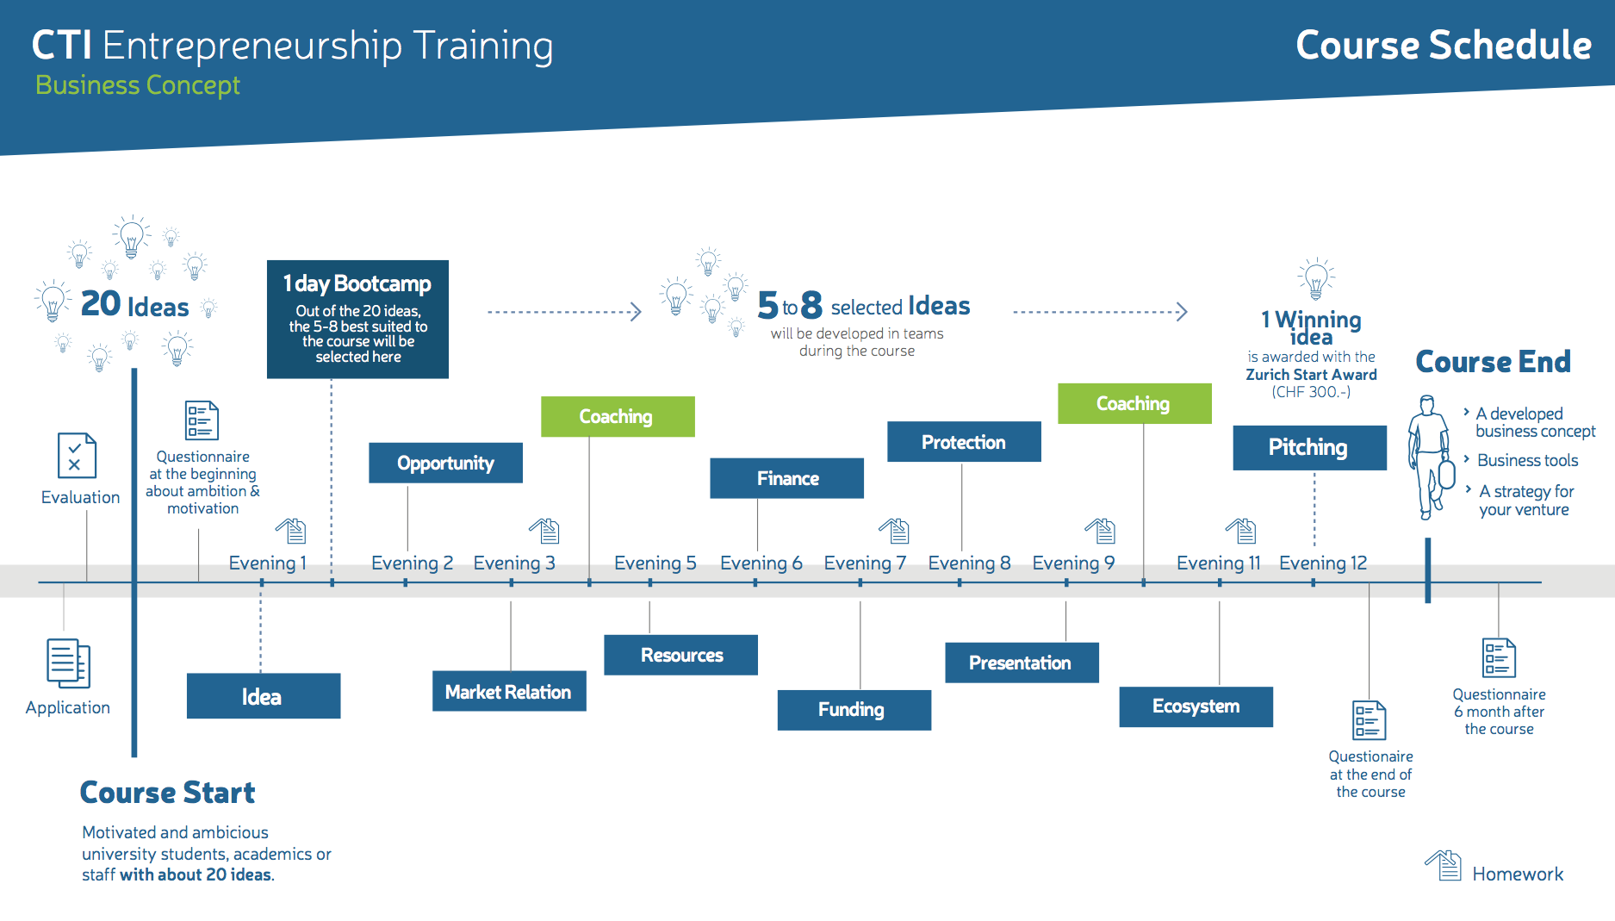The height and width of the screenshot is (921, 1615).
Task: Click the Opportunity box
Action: pos(445,463)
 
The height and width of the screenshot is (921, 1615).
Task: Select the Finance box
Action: pos(786,478)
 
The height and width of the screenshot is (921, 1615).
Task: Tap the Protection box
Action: pos(964,442)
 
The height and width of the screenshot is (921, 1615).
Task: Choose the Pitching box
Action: pos(1309,447)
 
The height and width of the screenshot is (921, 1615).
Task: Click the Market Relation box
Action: pos(509,691)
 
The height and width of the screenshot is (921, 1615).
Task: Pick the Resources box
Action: pos(680,655)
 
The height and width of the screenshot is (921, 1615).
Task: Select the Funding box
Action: pos(854,710)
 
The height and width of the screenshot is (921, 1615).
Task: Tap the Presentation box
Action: pos(1022,663)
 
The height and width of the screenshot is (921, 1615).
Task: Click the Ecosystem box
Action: pos(1196,706)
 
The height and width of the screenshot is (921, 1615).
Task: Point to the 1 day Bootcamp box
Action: pos(357,320)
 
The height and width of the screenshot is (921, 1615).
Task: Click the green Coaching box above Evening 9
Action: pos(1134,403)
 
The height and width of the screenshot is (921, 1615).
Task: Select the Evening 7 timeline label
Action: pos(865,563)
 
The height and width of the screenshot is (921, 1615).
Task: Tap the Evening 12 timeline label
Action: pos(1323,563)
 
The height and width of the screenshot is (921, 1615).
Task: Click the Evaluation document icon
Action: pos(77,455)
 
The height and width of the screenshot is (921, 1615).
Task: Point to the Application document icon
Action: pos(68,663)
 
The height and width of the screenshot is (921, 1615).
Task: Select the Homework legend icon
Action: pos(1444,865)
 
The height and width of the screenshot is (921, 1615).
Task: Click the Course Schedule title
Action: pos(1444,45)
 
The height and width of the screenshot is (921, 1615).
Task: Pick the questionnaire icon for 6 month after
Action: pos(1499,658)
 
